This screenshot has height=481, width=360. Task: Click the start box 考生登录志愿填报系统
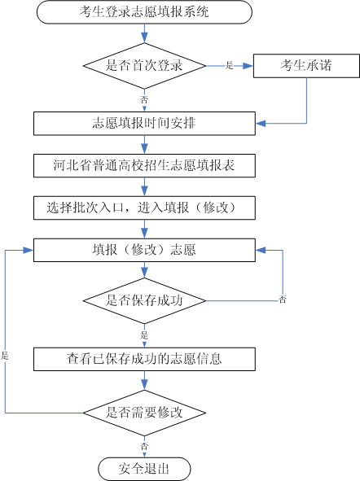pos(144,11)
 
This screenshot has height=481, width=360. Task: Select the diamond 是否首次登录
pos(144,65)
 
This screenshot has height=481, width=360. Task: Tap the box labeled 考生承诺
pos(306,65)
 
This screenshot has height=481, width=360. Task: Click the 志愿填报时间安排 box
pos(144,124)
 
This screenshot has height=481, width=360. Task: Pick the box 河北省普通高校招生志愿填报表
pos(144,165)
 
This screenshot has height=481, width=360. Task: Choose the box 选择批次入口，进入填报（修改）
pos(144,208)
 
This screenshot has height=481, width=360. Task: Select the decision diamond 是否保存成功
pos(144,300)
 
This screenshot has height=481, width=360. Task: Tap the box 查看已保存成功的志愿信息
pos(144,357)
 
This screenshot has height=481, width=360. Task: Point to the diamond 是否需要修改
pos(144,412)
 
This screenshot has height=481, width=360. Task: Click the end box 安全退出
pos(144,469)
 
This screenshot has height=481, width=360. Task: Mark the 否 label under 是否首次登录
pos(144,98)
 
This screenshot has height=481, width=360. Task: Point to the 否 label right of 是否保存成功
pos(282,300)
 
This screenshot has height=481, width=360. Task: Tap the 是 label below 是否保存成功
pos(144,335)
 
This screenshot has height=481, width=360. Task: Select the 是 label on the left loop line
pos(5,356)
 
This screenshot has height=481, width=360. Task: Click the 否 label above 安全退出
pos(144,446)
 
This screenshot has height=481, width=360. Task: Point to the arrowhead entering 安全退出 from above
pos(144,454)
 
